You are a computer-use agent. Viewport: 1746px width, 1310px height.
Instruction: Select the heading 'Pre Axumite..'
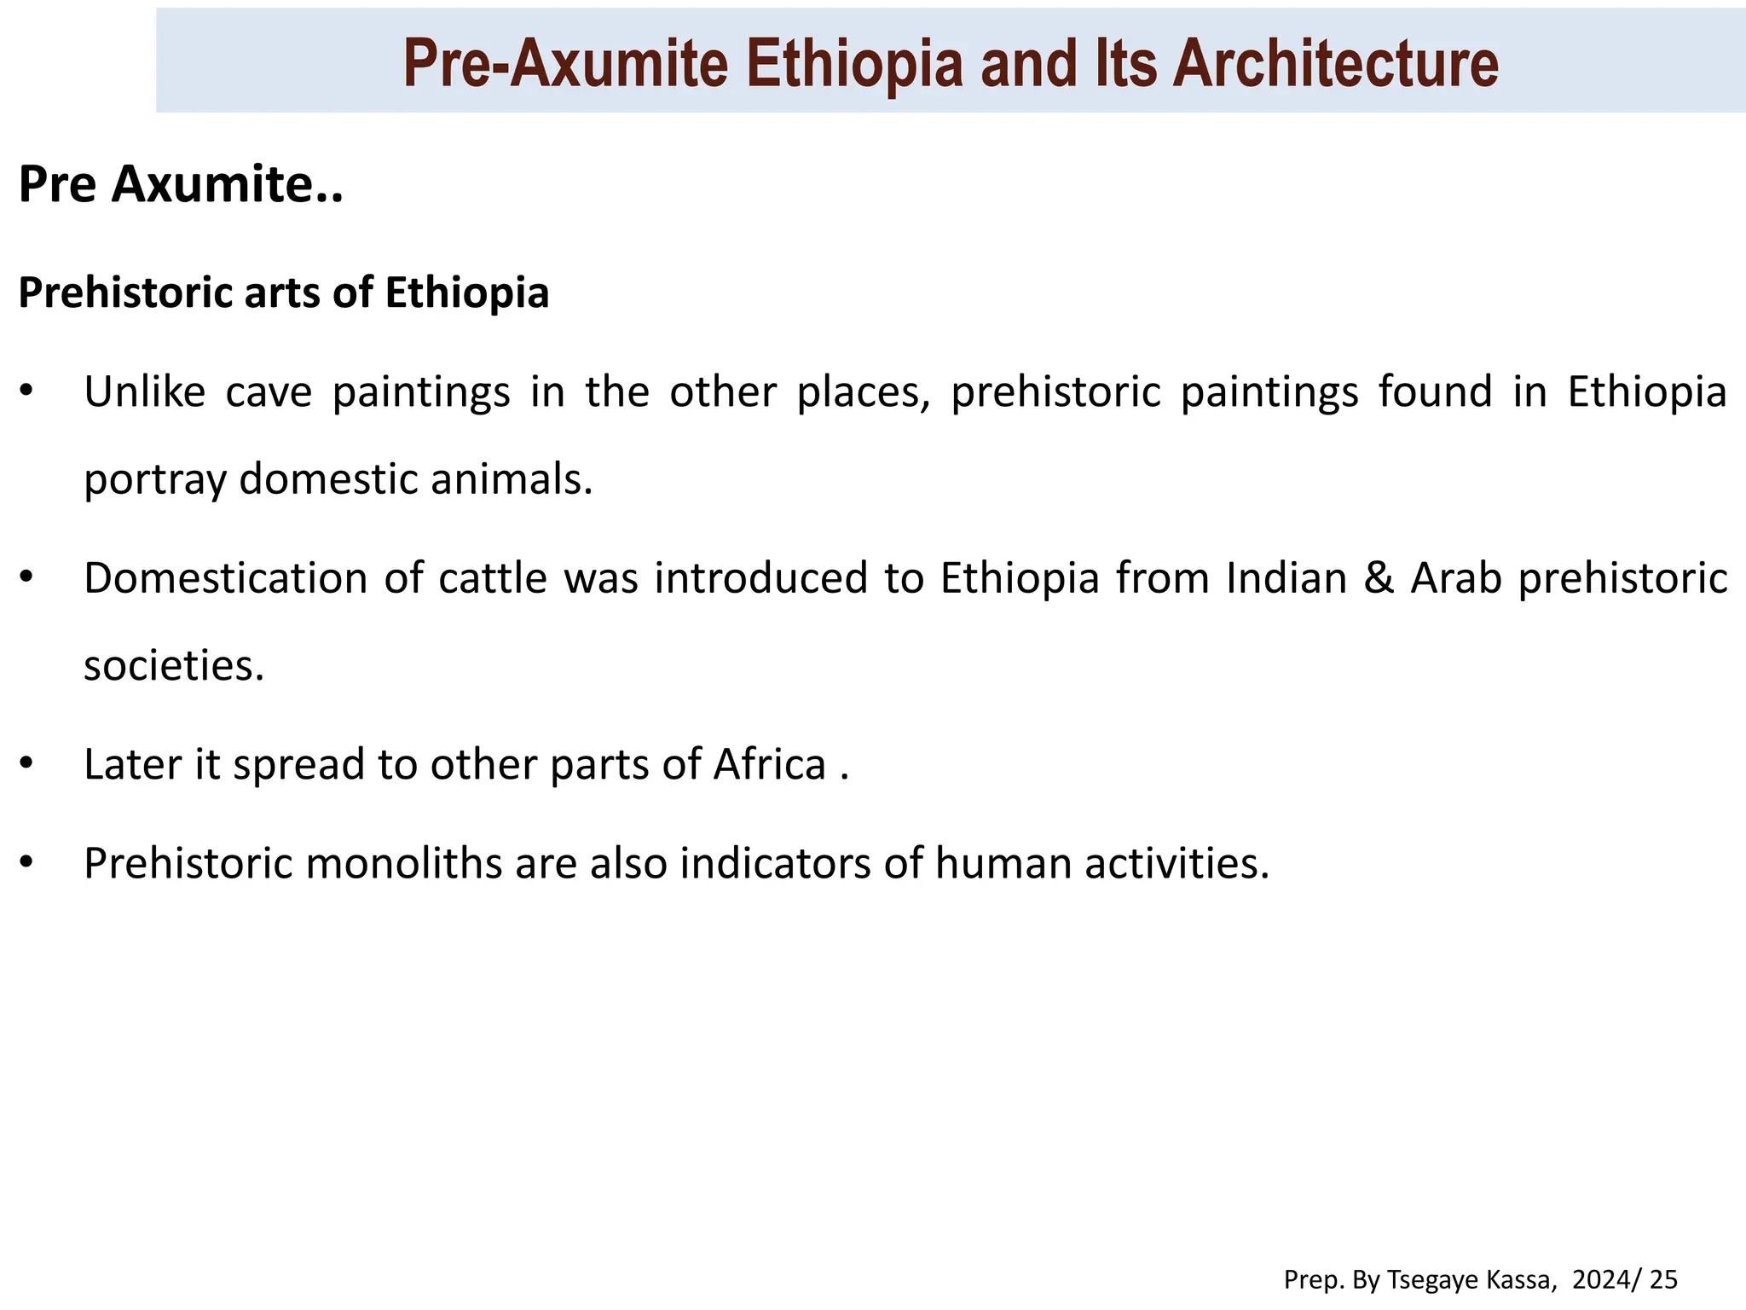pos(181,184)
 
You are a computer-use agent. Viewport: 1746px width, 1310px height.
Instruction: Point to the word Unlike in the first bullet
pos(145,392)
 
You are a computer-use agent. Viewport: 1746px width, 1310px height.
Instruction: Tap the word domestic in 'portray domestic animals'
pos(328,479)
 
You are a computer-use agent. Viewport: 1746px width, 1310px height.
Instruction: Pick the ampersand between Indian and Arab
pos(1378,578)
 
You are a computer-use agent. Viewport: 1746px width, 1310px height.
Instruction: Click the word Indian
pos(1286,578)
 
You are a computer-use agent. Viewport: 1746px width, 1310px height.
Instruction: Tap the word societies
pos(174,665)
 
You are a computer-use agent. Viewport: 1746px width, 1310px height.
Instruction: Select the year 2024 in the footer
pos(1598,1280)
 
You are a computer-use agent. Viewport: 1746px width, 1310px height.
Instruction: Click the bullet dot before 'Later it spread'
pos(26,762)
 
